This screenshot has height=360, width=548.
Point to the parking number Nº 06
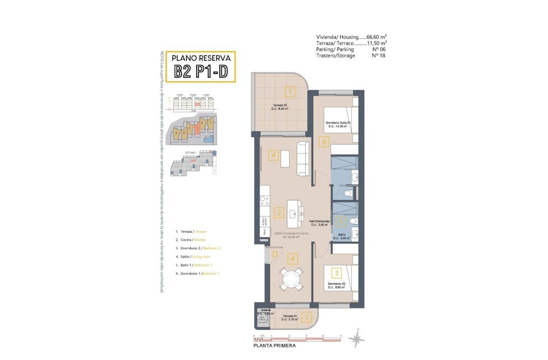point(380,49)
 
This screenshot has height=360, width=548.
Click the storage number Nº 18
point(379,55)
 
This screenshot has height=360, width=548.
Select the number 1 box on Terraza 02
point(290,92)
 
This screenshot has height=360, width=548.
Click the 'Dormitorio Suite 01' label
point(338,123)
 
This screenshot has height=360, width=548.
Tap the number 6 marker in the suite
point(323,142)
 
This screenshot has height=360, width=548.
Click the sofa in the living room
point(304,159)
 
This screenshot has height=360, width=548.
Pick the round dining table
point(292,279)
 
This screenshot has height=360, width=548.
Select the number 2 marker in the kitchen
point(278,212)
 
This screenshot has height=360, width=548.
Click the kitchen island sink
point(293,214)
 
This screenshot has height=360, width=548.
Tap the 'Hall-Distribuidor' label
point(320,221)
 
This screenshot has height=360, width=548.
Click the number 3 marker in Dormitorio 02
point(336,272)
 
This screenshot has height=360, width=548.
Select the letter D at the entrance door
point(274,254)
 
